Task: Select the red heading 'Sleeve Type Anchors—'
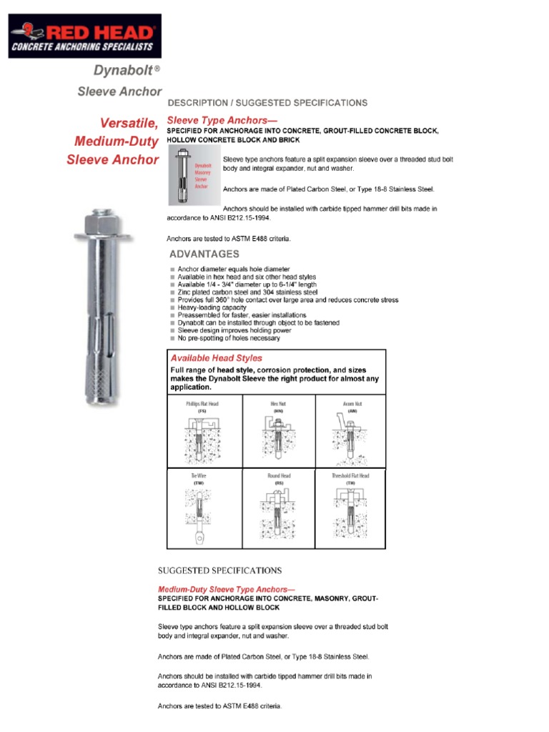click(212, 121)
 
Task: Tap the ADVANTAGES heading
click(204, 254)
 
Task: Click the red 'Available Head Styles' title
click(216, 357)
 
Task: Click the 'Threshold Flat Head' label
click(350, 475)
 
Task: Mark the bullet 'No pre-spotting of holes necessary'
click(229, 338)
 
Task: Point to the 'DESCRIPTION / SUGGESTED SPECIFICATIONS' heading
click(267, 103)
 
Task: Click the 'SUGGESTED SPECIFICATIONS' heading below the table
click(219, 570)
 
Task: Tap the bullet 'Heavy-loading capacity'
click(212, 307)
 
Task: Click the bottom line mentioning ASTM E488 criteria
click(219, 706)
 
